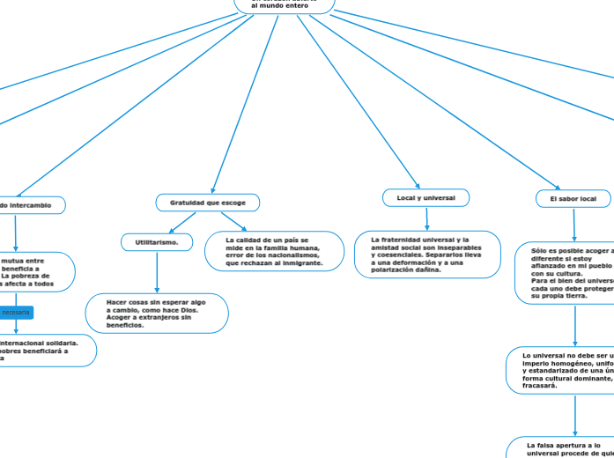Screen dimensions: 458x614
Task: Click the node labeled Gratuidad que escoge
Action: [x=208, y=203]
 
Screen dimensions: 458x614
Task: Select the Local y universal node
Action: [x=426, y=198]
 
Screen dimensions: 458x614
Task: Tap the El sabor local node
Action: [x=573, y=199]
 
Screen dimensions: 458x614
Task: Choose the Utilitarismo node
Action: [x=157, y=241]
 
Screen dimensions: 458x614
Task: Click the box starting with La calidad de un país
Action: [x=274, y=251]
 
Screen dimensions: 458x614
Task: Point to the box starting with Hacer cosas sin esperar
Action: [x=157, y=313]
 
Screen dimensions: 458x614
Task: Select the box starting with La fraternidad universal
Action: [x=427, y=255]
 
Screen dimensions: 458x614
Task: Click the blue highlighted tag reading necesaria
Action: [x=16, y=313]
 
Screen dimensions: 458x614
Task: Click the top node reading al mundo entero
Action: [x=284, y=6]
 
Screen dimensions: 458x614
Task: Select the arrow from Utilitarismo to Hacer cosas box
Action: [x=157, y=273]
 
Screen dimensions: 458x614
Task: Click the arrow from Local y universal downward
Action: [x=427, y=219]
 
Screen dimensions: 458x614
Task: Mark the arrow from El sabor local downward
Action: [x=573, y=225]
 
